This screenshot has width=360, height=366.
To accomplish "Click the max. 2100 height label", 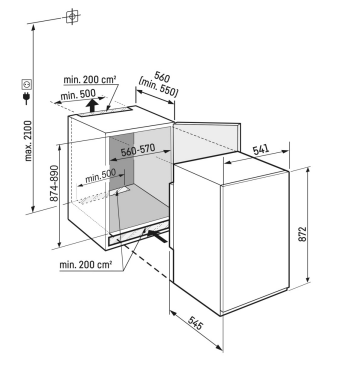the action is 29,141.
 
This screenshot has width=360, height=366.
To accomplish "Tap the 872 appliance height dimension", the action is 302,235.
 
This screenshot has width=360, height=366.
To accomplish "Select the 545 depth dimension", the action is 195,322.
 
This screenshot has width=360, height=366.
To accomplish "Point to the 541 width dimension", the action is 261,150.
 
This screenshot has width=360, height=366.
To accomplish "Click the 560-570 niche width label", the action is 138,151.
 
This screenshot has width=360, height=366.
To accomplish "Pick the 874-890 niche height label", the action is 54,183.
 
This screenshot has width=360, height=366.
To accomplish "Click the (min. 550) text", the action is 159,88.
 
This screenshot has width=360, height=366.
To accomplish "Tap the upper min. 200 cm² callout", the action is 90,80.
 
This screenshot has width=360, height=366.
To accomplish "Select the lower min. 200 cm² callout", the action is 85,265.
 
